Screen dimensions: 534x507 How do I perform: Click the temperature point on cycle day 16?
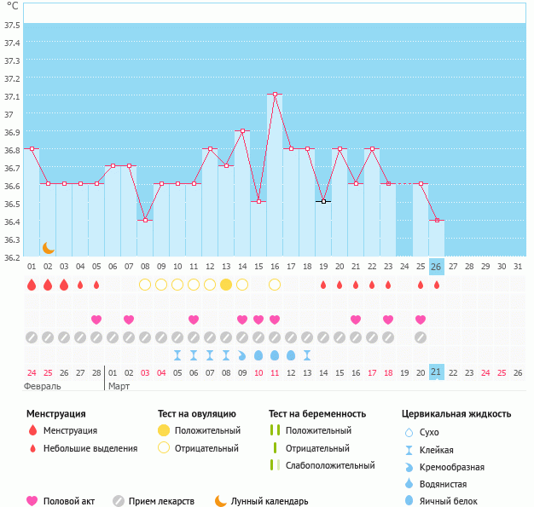275,94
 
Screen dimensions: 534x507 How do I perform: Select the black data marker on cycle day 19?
323,201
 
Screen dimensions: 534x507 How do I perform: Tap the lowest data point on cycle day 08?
145,220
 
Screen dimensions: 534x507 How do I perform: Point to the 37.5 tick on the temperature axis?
12,25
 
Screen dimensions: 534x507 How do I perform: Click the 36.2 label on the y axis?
12,257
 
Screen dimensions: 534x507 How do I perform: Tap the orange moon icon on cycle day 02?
49,248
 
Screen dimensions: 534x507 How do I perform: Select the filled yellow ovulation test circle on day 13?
226,285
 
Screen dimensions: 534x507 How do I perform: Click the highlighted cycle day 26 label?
436,267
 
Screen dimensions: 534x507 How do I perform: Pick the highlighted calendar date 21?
436,372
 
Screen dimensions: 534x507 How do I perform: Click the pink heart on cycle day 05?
96,320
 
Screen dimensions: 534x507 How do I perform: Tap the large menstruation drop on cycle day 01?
32,285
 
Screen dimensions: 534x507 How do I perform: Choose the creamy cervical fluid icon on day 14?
241,355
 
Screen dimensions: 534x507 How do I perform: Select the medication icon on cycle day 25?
421,337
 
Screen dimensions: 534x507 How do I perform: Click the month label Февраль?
43,387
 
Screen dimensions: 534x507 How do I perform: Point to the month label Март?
119,387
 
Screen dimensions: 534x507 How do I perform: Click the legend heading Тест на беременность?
317,414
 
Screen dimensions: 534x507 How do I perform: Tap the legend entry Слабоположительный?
330,465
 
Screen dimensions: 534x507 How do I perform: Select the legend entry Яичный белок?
448,501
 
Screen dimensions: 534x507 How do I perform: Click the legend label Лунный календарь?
270,501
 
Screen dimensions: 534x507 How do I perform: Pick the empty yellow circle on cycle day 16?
275,285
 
